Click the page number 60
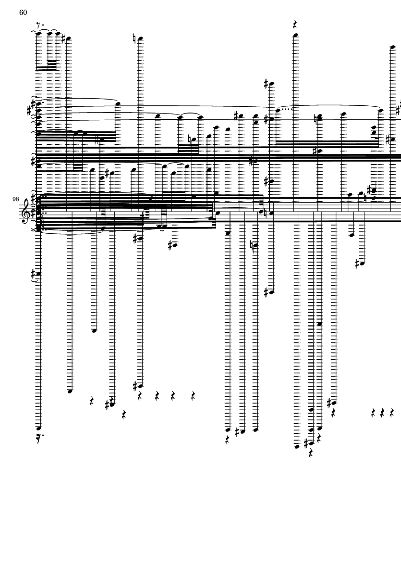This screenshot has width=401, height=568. [23, 13]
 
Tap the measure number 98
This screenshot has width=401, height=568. [16, 198]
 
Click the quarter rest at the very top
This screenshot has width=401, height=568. [296, 24]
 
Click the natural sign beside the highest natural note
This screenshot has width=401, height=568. [134, 38]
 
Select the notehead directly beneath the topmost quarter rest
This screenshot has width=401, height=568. [296, 35]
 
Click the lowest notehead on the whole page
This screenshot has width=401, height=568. [296, 446]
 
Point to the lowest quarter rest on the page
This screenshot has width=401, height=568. [310, 453]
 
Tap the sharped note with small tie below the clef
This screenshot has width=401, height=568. [38, 273]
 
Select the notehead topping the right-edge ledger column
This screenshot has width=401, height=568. [392, 47]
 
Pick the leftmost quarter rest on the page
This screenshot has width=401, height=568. [92, 401]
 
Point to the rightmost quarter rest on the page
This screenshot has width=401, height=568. [392, 413]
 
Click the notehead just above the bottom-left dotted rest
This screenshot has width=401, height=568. [38, 428]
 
